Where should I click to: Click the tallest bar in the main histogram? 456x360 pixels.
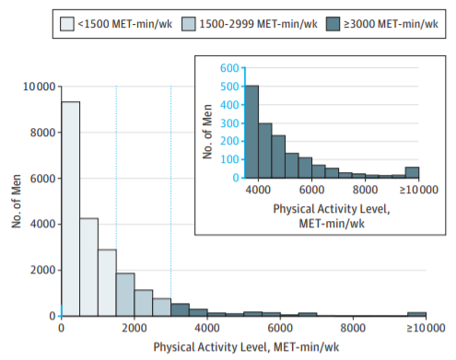(71, 209)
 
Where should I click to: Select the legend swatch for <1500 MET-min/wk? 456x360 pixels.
(67, 24)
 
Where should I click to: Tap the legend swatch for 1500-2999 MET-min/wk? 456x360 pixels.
(189, 24)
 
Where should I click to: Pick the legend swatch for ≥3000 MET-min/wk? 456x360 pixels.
(333, 24)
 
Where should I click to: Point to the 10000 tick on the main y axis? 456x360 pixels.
(39, 87)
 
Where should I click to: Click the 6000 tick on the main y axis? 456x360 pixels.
(42, 179)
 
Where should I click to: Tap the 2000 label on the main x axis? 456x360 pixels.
(134, 328)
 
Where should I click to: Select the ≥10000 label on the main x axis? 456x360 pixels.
(426, 328)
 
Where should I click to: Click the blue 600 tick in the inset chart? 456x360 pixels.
(229, 68)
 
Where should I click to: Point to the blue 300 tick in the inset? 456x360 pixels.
(229, 123)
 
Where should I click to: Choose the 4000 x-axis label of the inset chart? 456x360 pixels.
(258, 190)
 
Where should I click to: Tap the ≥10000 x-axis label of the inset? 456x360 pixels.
(418, 190)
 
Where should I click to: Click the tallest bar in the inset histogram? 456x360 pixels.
(252, 132)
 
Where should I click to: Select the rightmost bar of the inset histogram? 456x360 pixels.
(412, 173)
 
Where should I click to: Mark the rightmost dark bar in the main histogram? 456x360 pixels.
(416, 314)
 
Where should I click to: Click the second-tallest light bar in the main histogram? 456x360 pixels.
(89, 267)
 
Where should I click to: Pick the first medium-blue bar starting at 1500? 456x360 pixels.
(125, 295)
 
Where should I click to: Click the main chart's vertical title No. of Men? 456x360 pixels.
(17, 202)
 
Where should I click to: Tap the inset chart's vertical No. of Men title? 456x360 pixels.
(207, 132)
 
